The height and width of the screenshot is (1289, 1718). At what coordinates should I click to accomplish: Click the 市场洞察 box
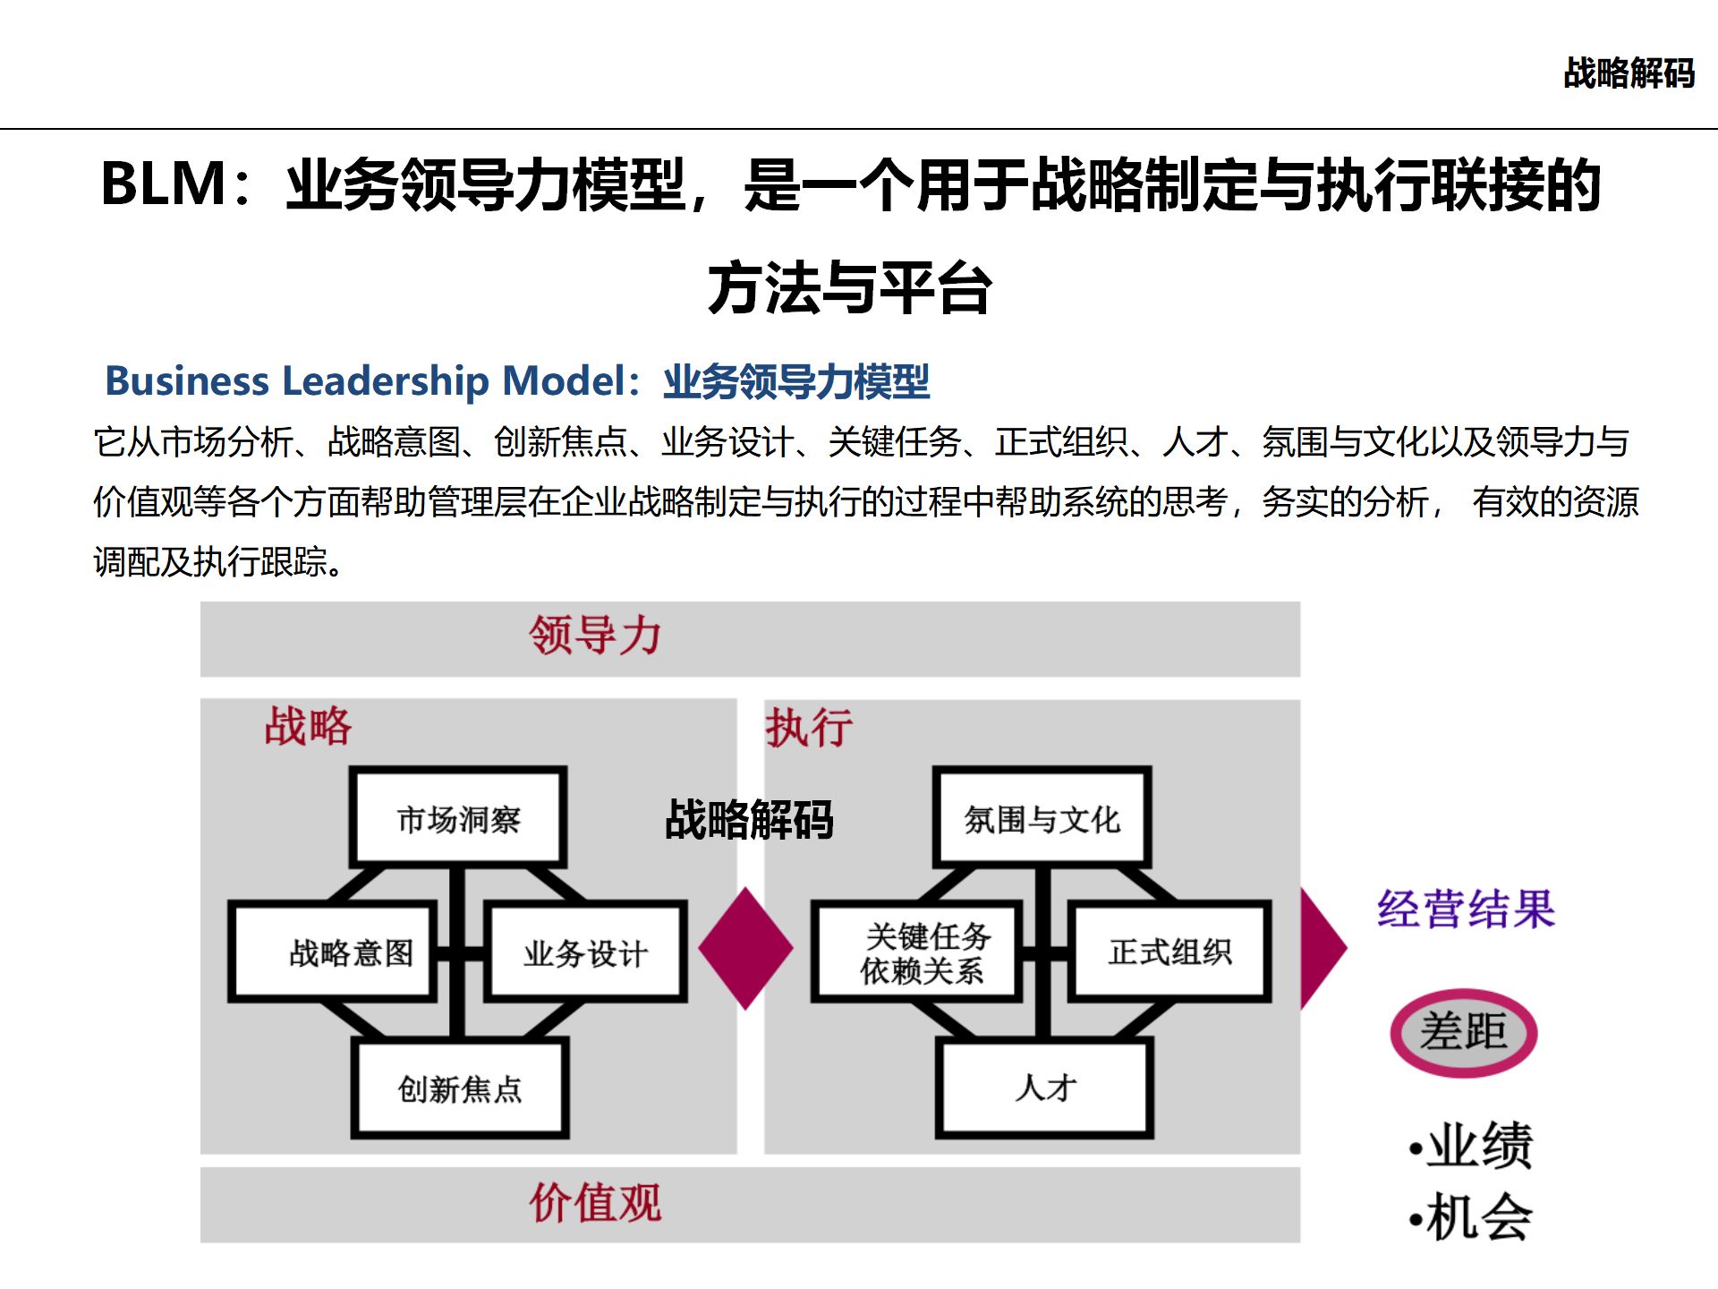tap(458, 818)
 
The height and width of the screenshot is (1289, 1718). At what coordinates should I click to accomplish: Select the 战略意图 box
tap(333, 952)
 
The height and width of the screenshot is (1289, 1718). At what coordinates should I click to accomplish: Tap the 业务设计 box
tap(586, 952)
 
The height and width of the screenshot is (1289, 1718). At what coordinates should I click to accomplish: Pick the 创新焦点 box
tap(460, 1088)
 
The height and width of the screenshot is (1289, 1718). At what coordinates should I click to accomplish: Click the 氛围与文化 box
tap(1042, 818)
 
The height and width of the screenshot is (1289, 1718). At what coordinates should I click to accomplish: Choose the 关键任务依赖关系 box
tap(916, 952)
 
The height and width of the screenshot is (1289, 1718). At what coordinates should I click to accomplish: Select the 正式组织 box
tap(1169, 952)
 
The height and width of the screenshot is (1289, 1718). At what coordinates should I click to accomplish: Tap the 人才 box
tap(1044, 1088)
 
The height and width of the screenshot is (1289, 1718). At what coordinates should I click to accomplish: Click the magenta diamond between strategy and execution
tap(745, 949)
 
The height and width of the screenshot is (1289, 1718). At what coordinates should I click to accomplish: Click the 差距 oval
tap(1464, 1032)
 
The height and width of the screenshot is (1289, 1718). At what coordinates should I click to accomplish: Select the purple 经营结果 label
tap(1466, 909)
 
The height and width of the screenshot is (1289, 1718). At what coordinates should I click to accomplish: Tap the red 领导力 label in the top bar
tap(595, 636)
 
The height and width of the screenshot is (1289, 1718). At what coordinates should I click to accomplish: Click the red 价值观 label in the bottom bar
tap(595, 1202)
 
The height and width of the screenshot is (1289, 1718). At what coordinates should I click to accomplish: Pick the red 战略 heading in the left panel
tap(308, 725)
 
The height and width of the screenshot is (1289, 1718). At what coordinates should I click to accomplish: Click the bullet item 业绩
tap(1472, 1145)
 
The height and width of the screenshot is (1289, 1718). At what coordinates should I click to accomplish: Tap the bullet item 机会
tap(1472, 1216)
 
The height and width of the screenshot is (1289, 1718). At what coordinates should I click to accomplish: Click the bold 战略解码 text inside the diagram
tap(749, 819)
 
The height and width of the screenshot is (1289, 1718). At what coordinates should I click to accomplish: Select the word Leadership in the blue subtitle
tap(386, 380)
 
